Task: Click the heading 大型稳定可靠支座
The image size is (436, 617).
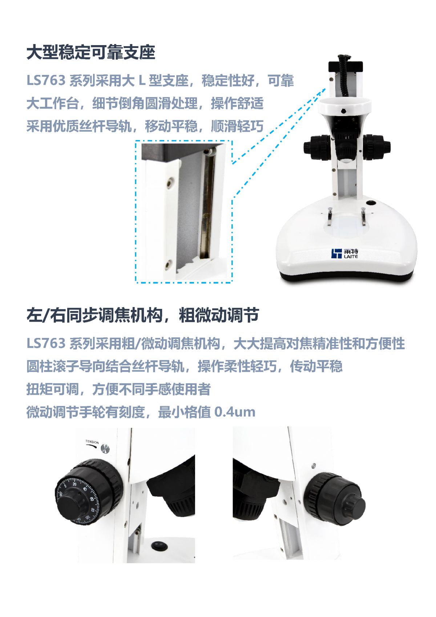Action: click(x=91, y=52)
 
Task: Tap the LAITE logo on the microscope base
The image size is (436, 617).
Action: click(x=345, y=254)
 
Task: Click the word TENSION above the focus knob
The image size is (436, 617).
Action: click(x=92, y=442)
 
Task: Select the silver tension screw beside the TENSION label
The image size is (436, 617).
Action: click(x=105, y=449)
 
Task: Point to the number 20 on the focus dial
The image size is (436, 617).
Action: click(x=74, y=484)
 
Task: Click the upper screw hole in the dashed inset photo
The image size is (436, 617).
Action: click(x=170, y=182)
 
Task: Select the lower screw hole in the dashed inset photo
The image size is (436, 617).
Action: click(x=167, y=265)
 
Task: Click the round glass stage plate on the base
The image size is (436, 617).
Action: click(x=347, y=225)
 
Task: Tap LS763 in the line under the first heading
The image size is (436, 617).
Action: click(x=46, y=80)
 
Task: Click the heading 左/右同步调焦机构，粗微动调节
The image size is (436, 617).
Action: click(x=142, y=315)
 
